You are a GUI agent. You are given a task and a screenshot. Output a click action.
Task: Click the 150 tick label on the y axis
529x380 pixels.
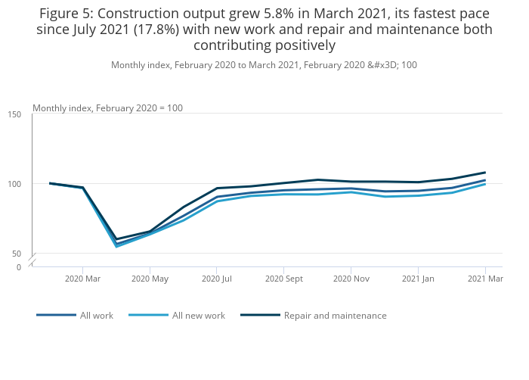click(14, 114)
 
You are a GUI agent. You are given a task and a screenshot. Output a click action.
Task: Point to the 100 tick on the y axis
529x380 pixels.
click(14, 184)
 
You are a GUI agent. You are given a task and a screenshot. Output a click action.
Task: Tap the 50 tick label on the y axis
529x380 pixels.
click(17, 254)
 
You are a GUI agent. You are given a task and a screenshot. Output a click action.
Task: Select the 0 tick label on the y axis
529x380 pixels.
click(19, 267)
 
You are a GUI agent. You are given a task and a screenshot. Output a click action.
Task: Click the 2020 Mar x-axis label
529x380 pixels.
click(82, 279)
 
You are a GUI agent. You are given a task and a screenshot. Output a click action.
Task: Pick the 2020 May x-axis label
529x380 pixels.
click(150, 279)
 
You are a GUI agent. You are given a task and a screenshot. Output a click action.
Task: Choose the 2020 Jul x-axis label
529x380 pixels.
click(217, 279)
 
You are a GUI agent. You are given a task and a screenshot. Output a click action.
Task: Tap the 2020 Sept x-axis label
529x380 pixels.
click(284, 279)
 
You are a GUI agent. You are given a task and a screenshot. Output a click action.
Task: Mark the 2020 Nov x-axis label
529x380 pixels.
click(351, 279)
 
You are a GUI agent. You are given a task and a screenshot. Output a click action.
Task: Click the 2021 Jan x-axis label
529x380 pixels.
click(418, 279)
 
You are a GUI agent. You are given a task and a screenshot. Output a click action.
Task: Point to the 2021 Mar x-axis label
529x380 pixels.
click(485, 279)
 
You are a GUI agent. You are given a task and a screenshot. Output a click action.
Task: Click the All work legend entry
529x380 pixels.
click(75, 316)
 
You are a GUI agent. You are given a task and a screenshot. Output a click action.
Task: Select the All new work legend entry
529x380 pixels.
click(177, 316)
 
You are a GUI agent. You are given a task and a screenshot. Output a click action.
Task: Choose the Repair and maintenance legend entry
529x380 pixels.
click(314, 316)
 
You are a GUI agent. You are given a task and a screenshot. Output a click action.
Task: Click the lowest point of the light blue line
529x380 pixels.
click(116, 247)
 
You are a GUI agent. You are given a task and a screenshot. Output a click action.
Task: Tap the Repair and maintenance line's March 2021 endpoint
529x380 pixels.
click(485, 173)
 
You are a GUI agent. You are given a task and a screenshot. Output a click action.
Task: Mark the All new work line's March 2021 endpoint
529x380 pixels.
click(485, 184)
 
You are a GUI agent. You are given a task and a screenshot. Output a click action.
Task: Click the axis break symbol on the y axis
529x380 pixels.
click(32, 259)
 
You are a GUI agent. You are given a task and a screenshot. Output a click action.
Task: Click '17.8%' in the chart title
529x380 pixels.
click(156, 30)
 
